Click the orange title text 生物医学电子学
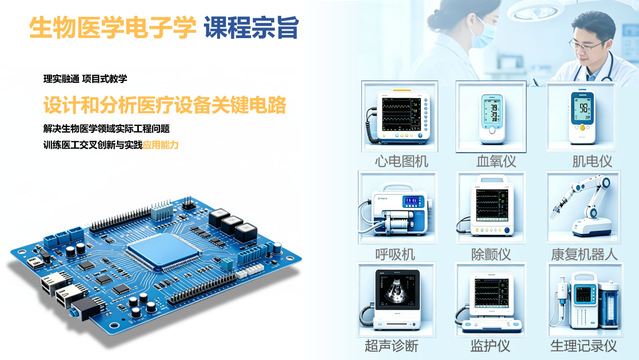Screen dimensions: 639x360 click(113, 27)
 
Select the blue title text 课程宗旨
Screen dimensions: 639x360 click(251, 27)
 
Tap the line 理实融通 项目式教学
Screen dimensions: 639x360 click(85, 79)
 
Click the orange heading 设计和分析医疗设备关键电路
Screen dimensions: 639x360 click(165, 105)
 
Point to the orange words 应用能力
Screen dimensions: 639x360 click(161, 145)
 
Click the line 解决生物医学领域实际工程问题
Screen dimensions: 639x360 click(106, 129)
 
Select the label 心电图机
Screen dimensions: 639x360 click(401, 161)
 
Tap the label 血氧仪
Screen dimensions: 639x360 click(496, 161)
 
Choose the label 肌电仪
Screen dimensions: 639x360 click(592, 161)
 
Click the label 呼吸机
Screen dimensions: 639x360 click(395, 254)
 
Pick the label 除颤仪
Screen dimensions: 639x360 click(491, 254)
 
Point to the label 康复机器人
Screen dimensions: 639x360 click(584, 254)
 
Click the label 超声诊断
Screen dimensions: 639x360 click(391, 346)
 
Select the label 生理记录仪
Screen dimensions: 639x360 click(584, 346)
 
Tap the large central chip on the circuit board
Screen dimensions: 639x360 click(164, 250)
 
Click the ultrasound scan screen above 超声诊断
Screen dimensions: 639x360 click(397, 290)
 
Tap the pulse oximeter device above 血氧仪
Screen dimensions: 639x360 click(491, 118)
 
